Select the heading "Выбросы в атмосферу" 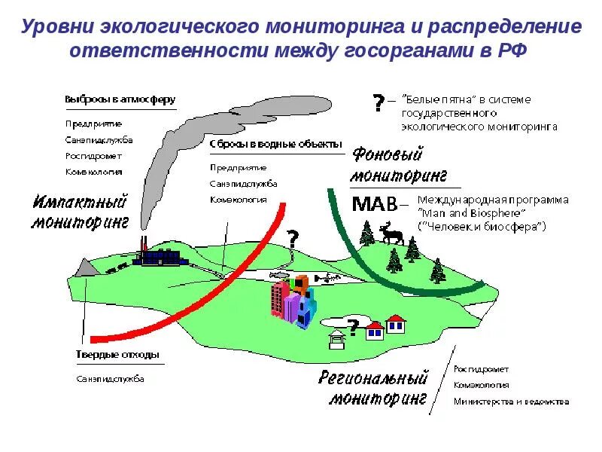click(120, 99)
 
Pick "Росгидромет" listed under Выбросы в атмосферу click(93, 156)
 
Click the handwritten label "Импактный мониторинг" click(81, 212)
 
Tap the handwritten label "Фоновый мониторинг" click(399, 166)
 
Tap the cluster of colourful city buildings click(293, 301)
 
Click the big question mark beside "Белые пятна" click(377, 102)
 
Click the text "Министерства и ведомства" click(511, 402)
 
